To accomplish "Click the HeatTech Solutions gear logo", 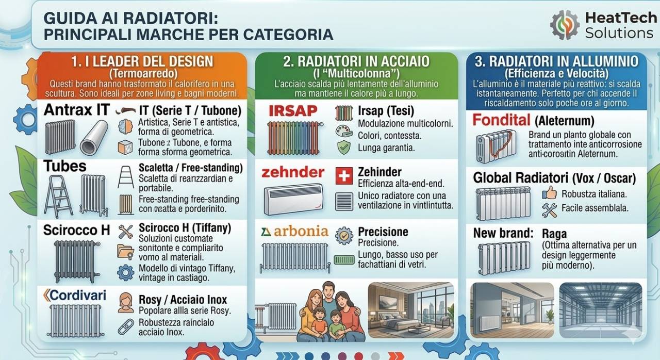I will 565,25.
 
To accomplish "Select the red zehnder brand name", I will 292,172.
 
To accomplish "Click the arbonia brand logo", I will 295,231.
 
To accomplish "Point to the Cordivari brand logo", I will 75,295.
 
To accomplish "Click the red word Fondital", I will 501,121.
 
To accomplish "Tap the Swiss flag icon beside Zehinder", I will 343,175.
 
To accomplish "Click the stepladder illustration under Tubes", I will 58,196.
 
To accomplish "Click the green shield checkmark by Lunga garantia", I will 343,148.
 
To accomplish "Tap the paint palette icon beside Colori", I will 343,130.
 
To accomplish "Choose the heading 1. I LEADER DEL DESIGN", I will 142,61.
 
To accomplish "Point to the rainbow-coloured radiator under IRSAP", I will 292,137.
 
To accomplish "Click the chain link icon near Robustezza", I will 125,327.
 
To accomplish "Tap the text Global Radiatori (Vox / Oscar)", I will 554,178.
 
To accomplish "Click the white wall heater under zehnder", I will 293,199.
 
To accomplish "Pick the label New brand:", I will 503,233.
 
